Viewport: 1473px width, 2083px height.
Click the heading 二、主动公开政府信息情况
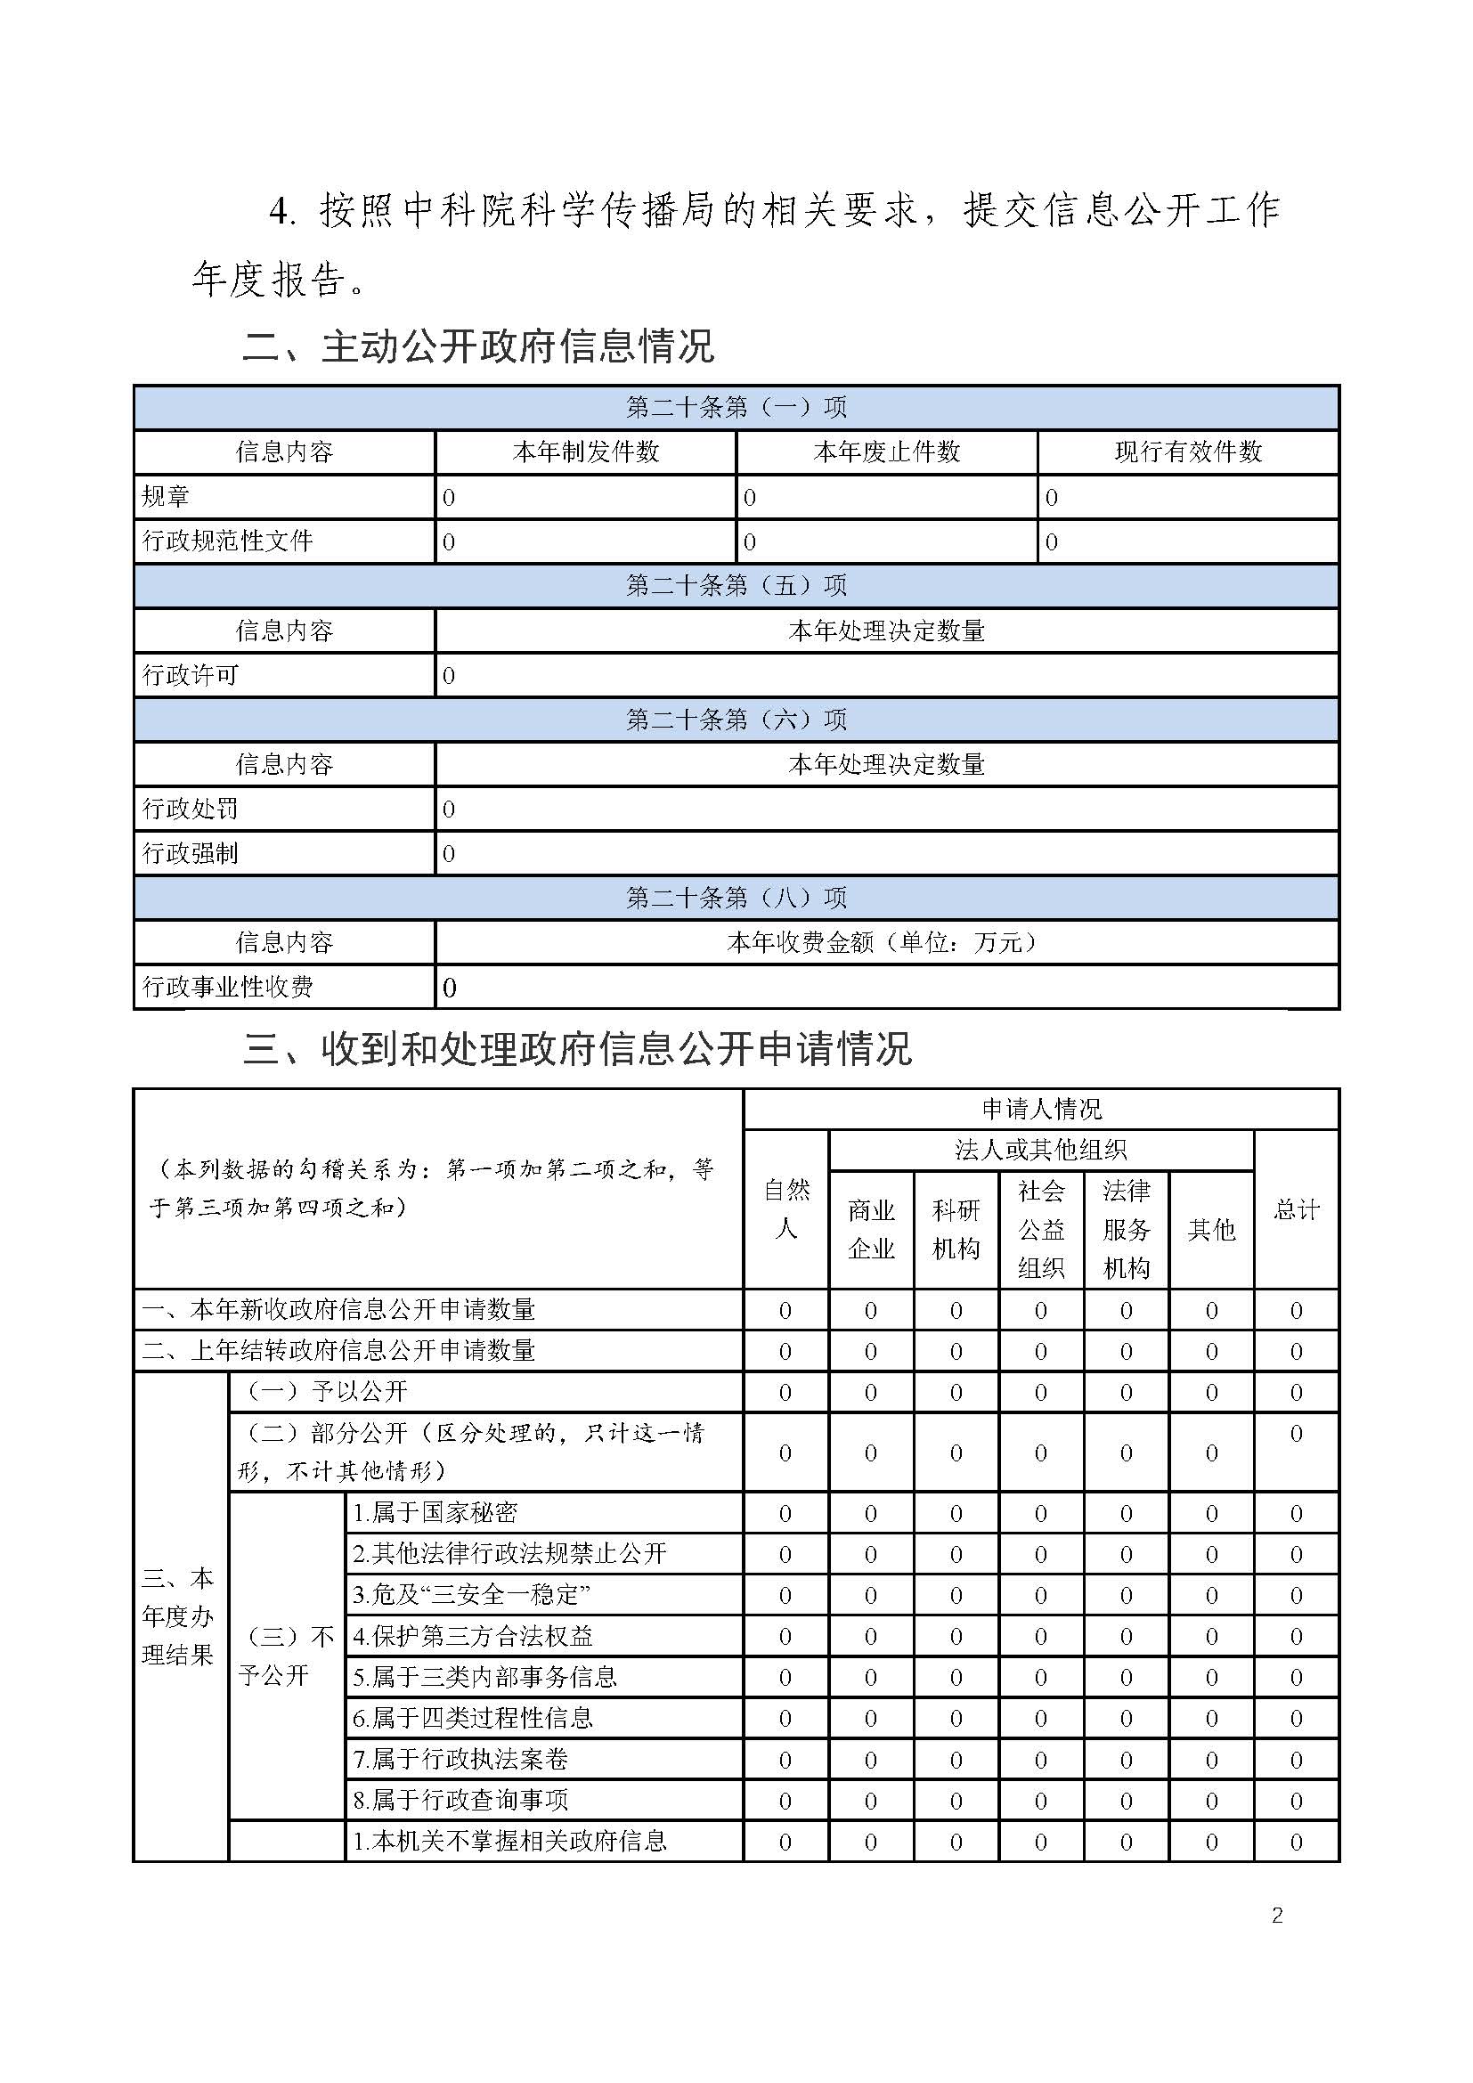[478, 346]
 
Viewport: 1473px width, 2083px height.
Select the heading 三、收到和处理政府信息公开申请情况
[577, 1050]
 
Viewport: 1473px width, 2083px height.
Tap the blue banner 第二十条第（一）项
[736, 407]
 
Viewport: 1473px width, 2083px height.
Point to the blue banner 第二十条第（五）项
[736, 586]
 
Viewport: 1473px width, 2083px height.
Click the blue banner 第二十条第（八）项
[736, 899]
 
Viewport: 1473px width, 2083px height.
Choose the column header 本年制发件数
[585, 452]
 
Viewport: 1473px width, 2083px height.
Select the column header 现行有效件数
[1187, 452]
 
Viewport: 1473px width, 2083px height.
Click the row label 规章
[166, 496]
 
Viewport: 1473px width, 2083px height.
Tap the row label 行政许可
[191, 675]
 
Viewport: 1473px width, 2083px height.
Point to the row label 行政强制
[191, 854]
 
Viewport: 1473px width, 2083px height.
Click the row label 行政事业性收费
[228, 987]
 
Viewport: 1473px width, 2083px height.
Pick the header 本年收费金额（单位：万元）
[886, 942]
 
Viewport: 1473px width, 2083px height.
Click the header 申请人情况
[1040, 1109]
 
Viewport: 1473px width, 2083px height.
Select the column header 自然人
[785, 1209]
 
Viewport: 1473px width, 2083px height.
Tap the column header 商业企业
[871, 1229]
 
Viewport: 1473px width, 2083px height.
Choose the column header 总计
[1295, 1209]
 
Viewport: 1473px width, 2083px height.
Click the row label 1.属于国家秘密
[435, 1512]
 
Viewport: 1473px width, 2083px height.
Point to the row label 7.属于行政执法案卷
[460, 1759]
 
